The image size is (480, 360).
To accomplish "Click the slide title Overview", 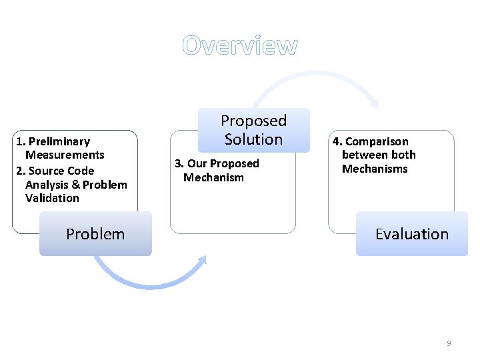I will (x=240, y=45).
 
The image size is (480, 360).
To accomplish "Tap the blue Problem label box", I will (x=95, y=234).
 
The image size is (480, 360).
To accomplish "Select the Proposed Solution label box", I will (x=253, y=130).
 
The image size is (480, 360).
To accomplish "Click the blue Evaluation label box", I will (x=412, y=234).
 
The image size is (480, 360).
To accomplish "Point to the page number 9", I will (x=449, y=343).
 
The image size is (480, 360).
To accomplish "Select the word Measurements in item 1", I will (x=65, y=155).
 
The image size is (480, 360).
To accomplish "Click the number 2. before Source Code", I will (x=20, y=171).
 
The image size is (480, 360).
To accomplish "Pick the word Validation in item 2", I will (x=52, y=198).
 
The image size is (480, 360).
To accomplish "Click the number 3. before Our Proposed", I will (x=179, y=163).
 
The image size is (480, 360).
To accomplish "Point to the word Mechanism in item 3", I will (x=213, y=177).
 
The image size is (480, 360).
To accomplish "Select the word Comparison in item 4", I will (x=377, y=141).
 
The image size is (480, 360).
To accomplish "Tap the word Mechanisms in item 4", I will (x=375, y=169).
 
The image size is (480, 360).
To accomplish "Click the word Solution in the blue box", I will (x=253, y=139).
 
